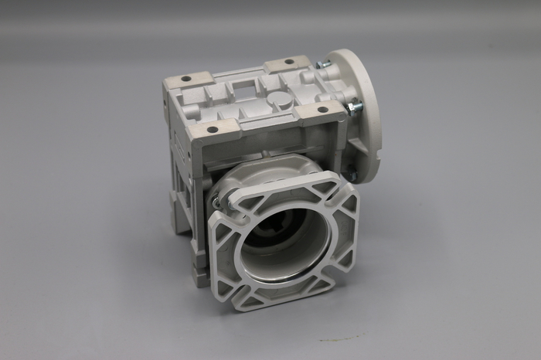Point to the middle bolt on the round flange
point(353,108)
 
